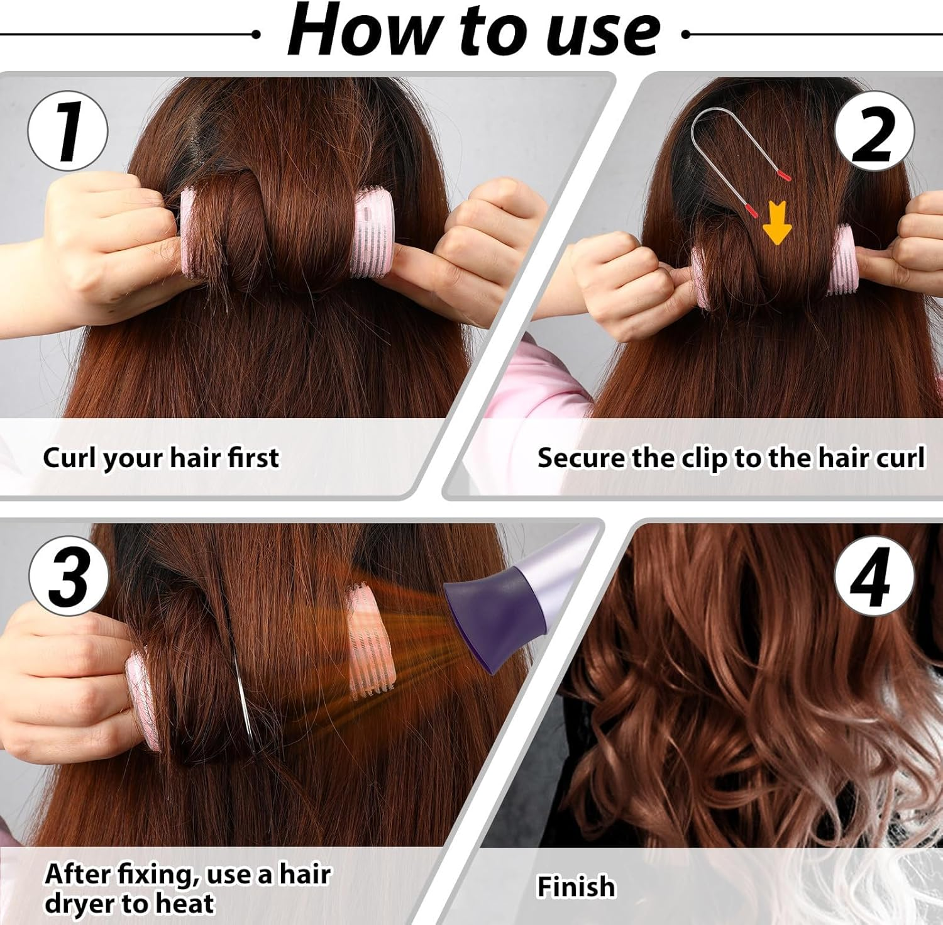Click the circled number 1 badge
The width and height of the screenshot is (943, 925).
pos(68,131)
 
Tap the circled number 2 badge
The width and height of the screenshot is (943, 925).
pos(874,131)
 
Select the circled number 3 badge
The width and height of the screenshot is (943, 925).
pos(69,576)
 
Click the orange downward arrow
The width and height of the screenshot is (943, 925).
pos(777,224)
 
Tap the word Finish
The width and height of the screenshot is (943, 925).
pos(576,887)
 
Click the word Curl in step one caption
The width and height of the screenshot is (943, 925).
pos(69,457)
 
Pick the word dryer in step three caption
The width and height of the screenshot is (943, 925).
pos(80,904)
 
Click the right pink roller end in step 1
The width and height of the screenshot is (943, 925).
pos(372,234)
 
